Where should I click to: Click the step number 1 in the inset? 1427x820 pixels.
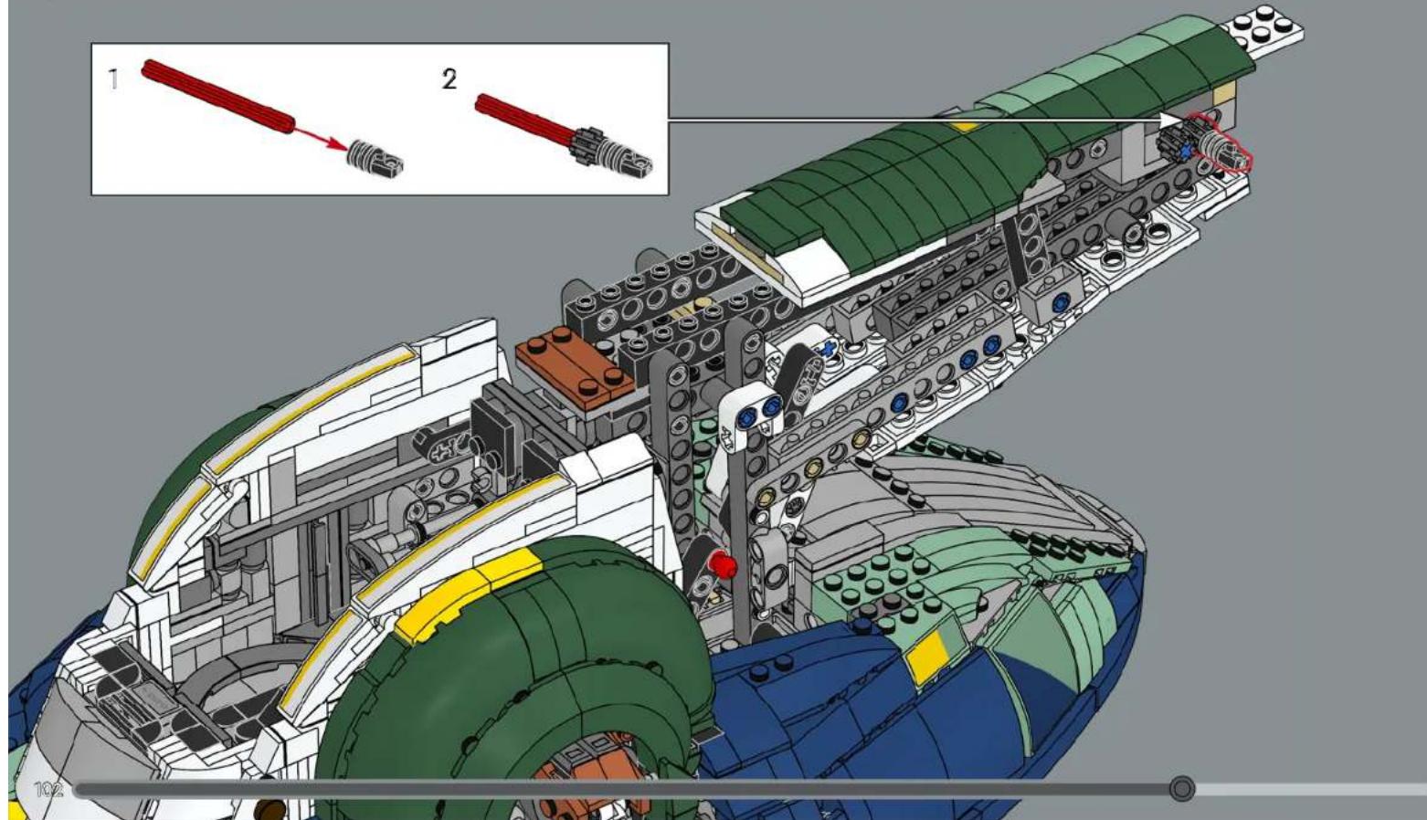coord(114,79)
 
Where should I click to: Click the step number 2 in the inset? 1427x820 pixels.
coord(449,79)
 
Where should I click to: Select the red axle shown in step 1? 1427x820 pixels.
coord(217,97)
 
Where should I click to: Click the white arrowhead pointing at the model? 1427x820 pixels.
coord(1171,121)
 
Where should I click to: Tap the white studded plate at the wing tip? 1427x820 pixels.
coord(1263,31)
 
